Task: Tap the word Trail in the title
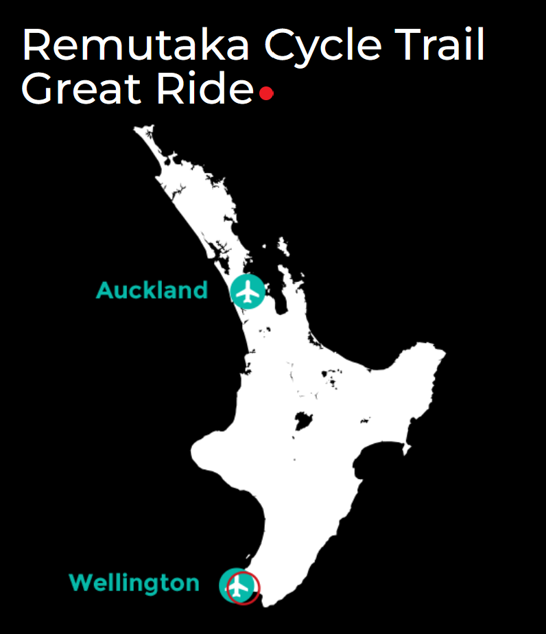coord(443,46)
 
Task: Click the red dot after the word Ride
coord(267,93)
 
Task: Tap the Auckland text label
coord(152,290)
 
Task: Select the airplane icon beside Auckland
coord(247,291)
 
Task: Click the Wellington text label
coord(134,583)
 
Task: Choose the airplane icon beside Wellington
coord(237,586)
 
